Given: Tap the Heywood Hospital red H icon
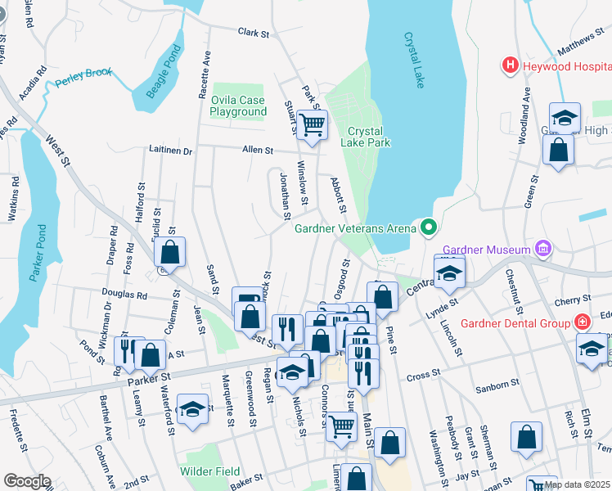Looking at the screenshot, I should pyautogui.click(x=511, y=65).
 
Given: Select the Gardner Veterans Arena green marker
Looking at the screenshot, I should pyautogui.click(x=428, y=227).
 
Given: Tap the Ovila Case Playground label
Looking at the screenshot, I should pyautogui.click(x=238, y=106).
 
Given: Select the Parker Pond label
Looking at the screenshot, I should pyautogui.click(x=37, y=254).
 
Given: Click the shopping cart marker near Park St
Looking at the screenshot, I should pyautogui.click(x=312, y=125).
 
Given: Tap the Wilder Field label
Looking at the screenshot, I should pyautogui.click(x=210, y=471).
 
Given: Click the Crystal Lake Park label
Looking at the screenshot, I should pyautogui.click(x=369, y=137).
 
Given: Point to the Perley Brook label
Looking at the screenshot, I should pyautogui.click(x=83, y=79).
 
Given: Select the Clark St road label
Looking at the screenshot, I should pyautogui.click(x=254, y=34).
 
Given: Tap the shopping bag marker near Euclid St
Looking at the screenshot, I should pyautogui.click(x=169, y=254).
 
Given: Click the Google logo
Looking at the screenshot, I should pyautogui.click(x=26, y=481).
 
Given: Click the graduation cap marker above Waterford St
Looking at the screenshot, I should pyautogui.click(x=192, y=411).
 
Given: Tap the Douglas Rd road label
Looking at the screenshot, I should pyautogui.click(x=124, y=292).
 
